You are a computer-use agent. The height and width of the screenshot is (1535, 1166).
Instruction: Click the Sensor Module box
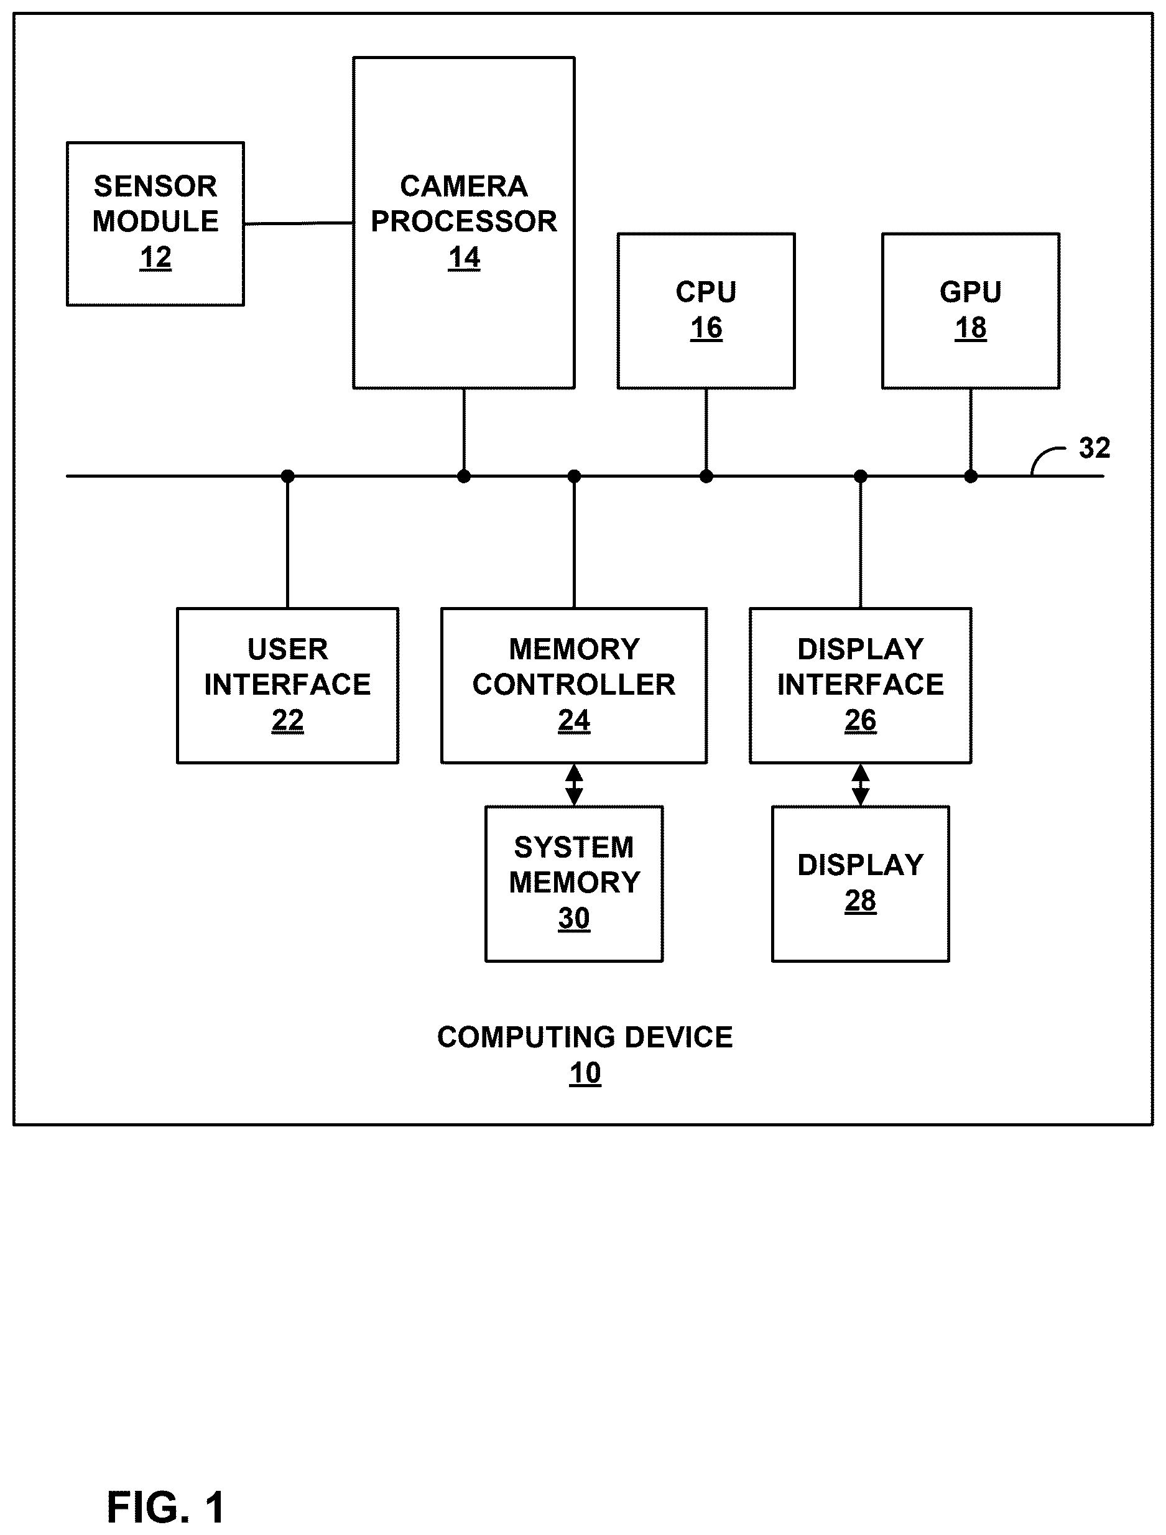(155, 223)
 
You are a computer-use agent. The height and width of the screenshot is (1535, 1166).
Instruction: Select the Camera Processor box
(464, 222)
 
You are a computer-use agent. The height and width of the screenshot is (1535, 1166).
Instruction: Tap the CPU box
(706, 310)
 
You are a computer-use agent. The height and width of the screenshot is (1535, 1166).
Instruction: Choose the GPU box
(970, 310)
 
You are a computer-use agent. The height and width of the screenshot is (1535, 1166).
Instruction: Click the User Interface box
(287, 685)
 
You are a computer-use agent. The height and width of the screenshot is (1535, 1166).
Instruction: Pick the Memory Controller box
(574, 685)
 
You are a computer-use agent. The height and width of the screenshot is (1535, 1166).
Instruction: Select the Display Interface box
(861, 685)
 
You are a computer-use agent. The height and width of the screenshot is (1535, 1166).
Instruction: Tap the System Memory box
(574, 883)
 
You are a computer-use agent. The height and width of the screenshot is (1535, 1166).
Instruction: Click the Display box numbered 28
(861, 883)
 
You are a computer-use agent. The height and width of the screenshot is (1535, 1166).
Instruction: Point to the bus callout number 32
(1094, 448)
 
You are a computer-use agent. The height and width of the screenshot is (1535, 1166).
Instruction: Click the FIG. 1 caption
(166, 1506)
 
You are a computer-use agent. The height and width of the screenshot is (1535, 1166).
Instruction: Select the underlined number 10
(585, 1074)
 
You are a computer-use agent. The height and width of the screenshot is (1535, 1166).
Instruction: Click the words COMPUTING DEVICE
(585, 1037)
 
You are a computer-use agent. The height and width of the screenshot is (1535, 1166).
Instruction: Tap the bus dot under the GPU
(971, 476)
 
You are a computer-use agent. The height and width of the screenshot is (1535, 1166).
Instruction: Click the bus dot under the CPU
(706, 476)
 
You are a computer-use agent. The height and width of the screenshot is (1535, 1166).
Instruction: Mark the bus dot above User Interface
(287, 476)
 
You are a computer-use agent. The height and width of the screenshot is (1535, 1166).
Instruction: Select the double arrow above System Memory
(574, 784)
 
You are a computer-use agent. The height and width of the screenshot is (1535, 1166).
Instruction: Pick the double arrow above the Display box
(861, 784)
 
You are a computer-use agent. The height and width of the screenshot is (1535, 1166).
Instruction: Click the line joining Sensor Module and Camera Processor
(298, 223)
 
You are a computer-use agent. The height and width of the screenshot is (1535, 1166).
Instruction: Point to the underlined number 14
(465, 258)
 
